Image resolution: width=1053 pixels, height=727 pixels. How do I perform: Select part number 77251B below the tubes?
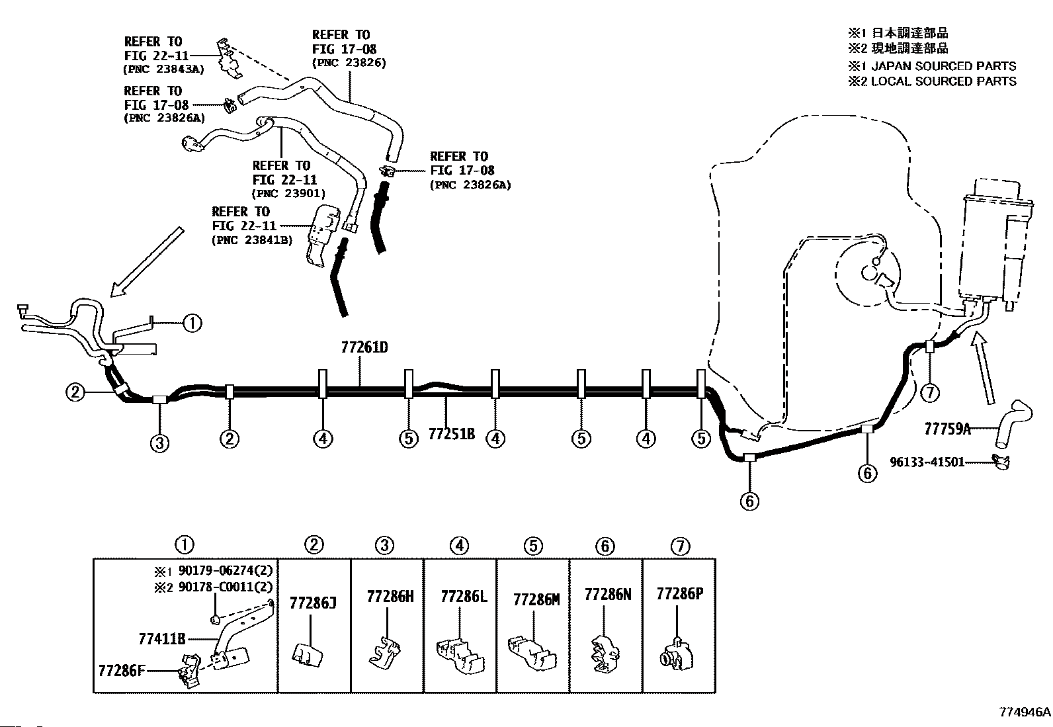coord(452,434)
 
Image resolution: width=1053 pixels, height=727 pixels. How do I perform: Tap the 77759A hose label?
coord(947,429)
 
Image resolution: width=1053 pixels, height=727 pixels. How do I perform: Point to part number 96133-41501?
coord(927,462)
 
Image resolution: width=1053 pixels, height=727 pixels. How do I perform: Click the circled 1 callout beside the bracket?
coord(192,323)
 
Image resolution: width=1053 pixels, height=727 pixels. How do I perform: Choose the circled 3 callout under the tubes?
coord(159,443)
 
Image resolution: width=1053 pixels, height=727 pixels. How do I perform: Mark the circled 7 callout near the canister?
coord(930,392)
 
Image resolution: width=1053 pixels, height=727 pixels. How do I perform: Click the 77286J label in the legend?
coord(314,603)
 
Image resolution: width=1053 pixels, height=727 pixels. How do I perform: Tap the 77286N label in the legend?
coord(607,595)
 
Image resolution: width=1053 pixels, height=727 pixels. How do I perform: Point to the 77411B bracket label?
coord(162,639)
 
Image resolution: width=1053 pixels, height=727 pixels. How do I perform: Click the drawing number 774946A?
coord(1024,712)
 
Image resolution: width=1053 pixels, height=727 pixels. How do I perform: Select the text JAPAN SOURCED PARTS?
coord(943,66)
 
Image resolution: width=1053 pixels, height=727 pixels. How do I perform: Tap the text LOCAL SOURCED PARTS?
coord(943,81)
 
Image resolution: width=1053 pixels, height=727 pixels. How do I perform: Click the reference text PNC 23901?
coord(288,194)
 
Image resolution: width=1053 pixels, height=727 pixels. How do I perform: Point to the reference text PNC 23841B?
coord(252,241)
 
